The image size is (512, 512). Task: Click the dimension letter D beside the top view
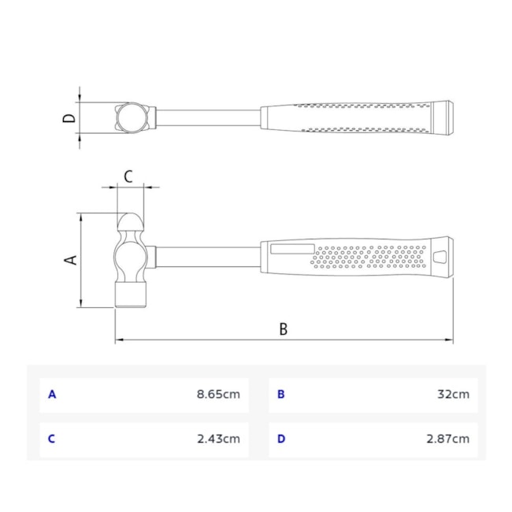69,118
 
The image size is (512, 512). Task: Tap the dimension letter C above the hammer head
128,176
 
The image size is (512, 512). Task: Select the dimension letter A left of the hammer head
70,260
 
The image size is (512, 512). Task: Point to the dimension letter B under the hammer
284,329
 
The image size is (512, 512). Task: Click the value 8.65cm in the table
218,394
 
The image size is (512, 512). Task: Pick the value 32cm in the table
453,394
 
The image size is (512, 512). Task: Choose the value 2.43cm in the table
218,439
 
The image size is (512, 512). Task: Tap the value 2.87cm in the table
448,439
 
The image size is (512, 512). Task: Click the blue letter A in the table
52,395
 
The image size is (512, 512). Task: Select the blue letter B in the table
281,395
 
